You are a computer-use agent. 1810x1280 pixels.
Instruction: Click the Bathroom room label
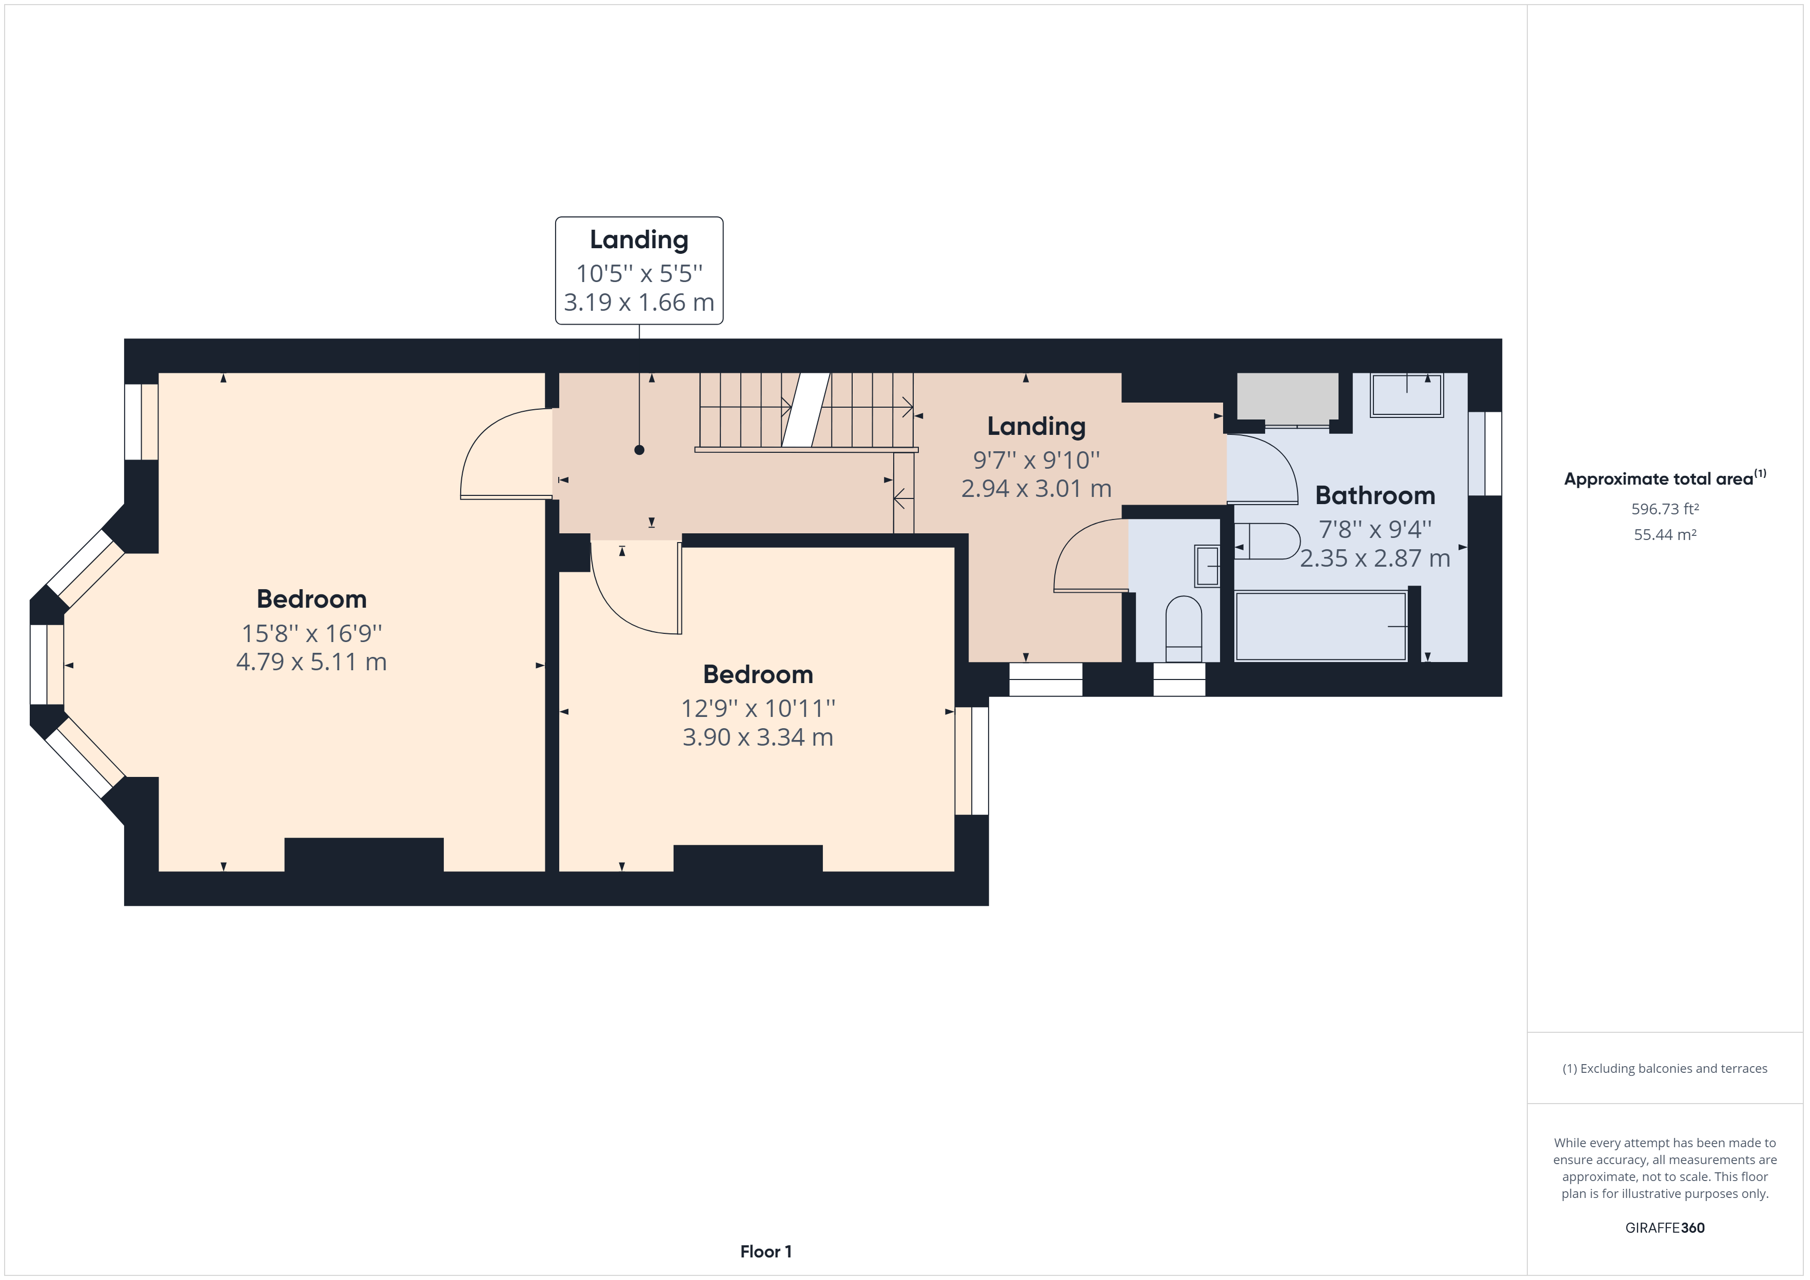coord(1375,496)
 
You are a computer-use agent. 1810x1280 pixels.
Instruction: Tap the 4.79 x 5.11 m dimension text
coord(311,662)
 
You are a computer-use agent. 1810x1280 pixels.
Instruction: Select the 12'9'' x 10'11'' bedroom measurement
coord(758,709)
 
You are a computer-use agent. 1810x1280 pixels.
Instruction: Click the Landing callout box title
coord(639,239)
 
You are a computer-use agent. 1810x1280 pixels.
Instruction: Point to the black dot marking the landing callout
coord(639,450)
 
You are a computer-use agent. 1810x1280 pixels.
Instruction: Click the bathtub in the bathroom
coord(1321,627)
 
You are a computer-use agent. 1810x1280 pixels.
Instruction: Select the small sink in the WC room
coord(1207,566)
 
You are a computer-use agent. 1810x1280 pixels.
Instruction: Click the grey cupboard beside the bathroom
coord(1287,396)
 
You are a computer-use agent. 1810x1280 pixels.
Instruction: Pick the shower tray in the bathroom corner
coord(1406,395)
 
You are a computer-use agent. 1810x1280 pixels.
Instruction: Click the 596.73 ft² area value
coord(1664,509)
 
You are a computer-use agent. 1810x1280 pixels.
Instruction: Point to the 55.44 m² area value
coord(1664,534)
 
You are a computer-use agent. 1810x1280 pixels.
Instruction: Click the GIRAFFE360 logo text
coord(1664,1227)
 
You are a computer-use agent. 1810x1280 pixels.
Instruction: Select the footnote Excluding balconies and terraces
coord(1664,1069)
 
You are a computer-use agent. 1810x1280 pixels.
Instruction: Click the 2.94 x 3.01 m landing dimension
coord(1036,489)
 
